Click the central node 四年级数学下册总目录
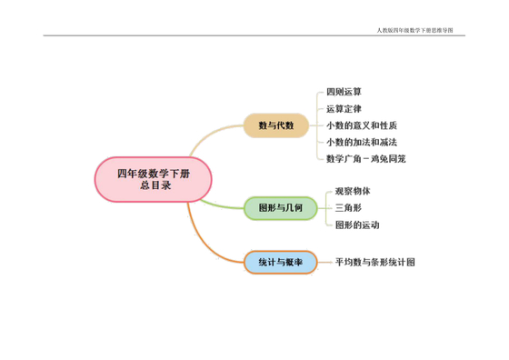tap(153, 178)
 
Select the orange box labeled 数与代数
tap(276, 125)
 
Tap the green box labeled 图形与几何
tap(281, 208)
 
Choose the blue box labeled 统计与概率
tap(280, 262)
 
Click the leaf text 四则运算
tap(344, 92)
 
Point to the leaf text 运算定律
tap(344, 109)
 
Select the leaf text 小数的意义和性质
tap(361, 125)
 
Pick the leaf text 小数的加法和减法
tap(361, 142)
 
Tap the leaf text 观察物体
tap(353, 192)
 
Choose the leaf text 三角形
tap(348, 208)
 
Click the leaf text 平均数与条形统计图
tap(374, 262)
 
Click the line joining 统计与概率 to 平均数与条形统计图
tap(325, 262)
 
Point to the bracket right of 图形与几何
tap(324, 208)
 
